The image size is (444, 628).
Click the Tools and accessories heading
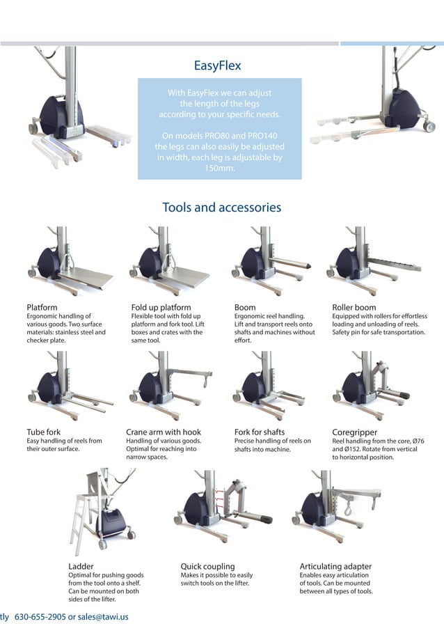tap(221, 207)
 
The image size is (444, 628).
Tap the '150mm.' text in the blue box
tap(220, 168)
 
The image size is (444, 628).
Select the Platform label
tap(42, 307)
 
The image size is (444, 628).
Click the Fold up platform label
tap(161, 307)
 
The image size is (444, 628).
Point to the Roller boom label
tap(354, 307)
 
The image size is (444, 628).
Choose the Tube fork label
tap(43, 432)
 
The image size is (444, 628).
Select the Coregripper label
tap(355, 432)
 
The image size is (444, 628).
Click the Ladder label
tap(81, 566)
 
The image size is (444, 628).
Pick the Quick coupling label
tap(207, 566)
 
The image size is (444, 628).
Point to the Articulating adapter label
tap(335, 566)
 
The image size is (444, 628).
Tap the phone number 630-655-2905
tap(40, 616)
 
